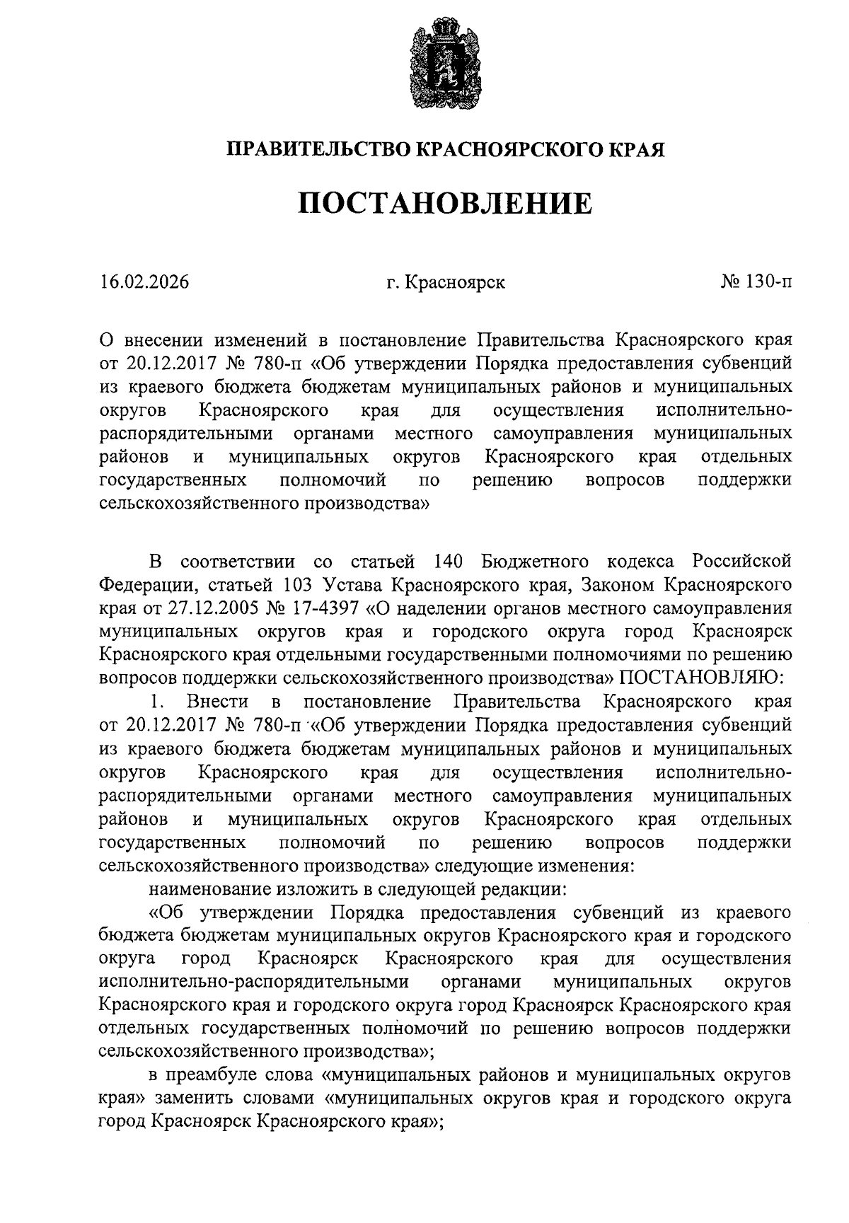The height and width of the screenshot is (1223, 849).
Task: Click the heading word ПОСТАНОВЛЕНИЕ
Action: (x=444, y=204)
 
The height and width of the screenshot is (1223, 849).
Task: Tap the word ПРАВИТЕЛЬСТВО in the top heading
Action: (x=318, y=149)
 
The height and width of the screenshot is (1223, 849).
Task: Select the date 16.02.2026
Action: (x=144, y=282)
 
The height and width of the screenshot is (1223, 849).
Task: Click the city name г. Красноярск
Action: (x=446, y=282)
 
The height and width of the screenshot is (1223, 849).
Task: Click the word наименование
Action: (x=211, y=888)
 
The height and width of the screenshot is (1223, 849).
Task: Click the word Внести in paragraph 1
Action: (x=217, y=702)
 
